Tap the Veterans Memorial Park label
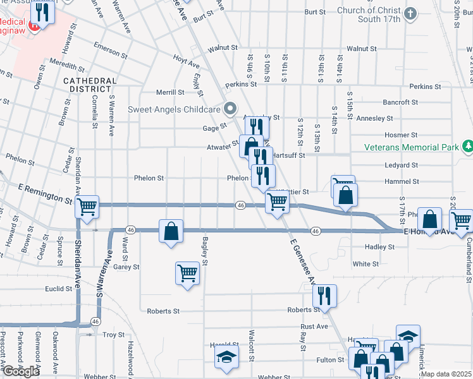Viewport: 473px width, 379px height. tap(412, 147)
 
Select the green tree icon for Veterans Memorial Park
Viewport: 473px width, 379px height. tap(467, 147)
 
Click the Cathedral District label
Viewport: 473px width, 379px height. tap(90, 85)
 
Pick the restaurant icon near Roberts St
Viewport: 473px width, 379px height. tap(324, 296)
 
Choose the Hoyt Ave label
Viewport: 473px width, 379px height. tap(187, 61)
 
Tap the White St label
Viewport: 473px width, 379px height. tap(365, 264)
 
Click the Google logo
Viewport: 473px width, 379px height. tap(21, 371)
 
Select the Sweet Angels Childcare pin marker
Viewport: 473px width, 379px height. tap(230, 107)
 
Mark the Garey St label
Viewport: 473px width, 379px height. tap(126, 267)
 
